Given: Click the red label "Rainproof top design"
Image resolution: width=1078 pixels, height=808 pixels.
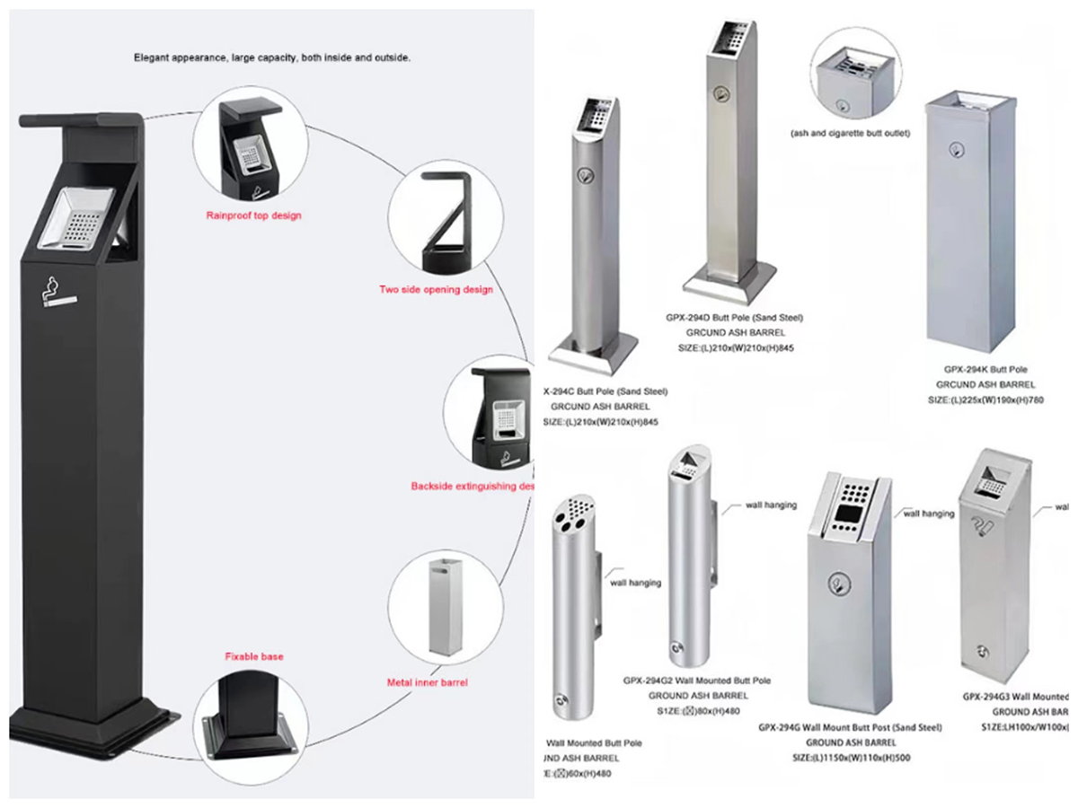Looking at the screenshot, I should tap(253, 215).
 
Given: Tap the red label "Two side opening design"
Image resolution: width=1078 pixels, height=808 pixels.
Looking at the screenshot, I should tap(436, 289).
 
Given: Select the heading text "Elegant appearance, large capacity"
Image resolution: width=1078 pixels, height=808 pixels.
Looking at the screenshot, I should tap(272, 57).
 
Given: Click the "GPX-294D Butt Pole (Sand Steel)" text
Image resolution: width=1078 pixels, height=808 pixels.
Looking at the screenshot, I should tap(734, 318).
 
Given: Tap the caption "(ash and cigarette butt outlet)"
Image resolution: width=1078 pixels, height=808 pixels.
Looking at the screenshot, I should tap(850, 133).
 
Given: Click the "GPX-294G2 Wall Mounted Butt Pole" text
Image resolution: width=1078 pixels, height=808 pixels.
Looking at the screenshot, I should tap(697, 681).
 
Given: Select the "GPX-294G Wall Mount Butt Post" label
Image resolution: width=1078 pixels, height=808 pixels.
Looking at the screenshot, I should tap(850, 727).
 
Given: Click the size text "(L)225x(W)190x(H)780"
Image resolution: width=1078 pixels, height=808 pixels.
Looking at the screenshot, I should tap(985, 400).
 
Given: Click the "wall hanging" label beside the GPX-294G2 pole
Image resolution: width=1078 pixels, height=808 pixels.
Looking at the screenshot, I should tap(771, 505).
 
